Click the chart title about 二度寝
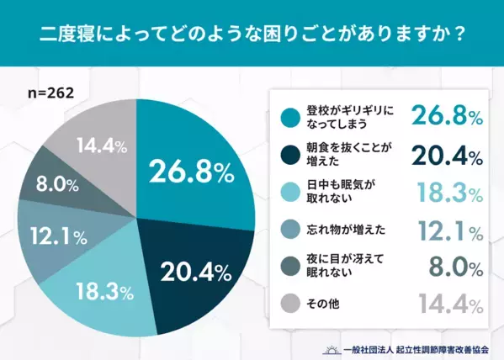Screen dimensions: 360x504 252,36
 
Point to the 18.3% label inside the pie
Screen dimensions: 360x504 104,292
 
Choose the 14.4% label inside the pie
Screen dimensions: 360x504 100,146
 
